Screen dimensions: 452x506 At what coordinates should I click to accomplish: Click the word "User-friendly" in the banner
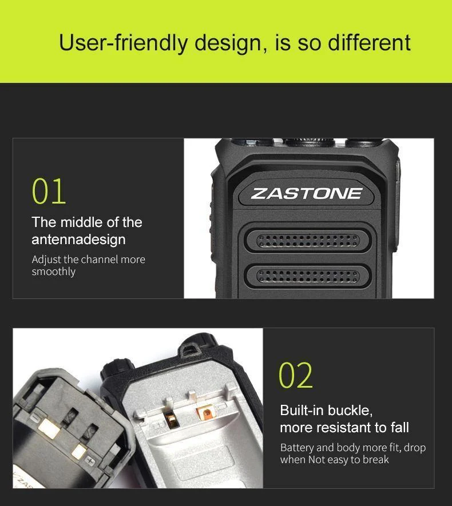tap(123, 43)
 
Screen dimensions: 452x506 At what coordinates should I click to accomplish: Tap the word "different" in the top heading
tap(369, 42)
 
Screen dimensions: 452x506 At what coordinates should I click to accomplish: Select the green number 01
tap(49, 191)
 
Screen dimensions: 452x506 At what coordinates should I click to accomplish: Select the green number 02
tap(296, 374)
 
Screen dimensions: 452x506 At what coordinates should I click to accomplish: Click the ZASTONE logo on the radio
tap(307, 194)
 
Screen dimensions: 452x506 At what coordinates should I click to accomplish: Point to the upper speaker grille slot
tap(308, 241)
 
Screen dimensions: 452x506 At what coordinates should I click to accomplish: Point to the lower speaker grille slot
tap(308, 276)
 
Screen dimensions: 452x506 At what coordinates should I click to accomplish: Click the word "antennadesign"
tap(78, 240)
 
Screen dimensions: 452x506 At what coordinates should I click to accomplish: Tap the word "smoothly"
tap(54, 272)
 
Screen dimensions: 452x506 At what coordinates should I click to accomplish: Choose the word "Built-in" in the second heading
tap(302, 410)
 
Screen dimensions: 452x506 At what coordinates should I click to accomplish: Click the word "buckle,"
tap(350, 411)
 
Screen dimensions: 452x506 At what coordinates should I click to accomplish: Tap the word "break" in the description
tap(376, 460)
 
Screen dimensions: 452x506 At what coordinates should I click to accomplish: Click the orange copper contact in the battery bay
tap(205, 413)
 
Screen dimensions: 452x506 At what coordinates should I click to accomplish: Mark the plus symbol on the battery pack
tap(90, 461)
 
